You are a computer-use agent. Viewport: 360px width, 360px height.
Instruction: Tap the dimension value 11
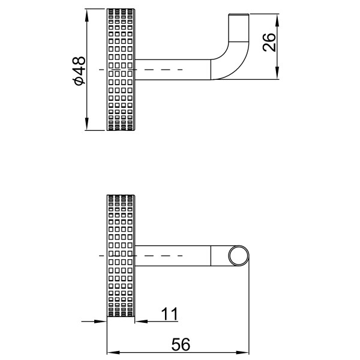click(169, 313)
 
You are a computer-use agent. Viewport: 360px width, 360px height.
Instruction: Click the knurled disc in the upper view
click(122, 70)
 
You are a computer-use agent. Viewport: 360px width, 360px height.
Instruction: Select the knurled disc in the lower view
click(122, 256)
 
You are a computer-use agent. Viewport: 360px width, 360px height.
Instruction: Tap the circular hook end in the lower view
click(239, 256)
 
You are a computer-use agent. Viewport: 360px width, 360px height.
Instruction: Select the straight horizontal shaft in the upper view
click(174, 69)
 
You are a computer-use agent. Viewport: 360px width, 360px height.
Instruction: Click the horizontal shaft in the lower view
click(174, 256)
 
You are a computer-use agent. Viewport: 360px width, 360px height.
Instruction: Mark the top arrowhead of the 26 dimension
click(277, 19)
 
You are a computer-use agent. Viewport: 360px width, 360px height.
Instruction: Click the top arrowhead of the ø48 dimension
click(88, 13)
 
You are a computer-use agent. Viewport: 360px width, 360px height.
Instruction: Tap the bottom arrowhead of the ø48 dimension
click(88, 125)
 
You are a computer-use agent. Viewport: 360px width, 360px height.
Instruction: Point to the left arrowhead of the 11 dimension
click(103, 322)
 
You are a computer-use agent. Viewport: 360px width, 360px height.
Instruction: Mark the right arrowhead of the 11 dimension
click(140, 322)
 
